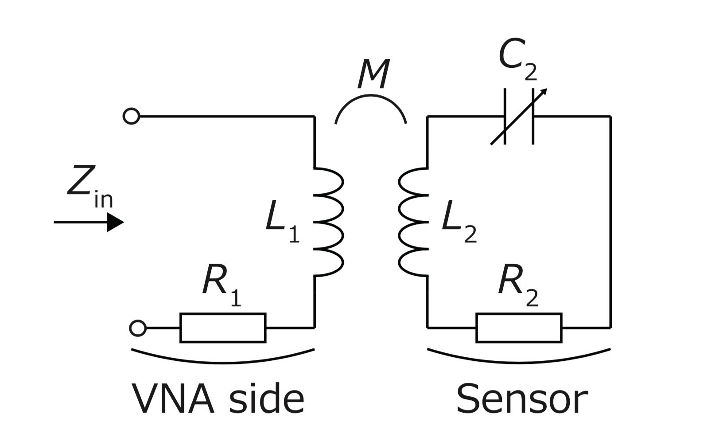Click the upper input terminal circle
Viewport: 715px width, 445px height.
[131, 117]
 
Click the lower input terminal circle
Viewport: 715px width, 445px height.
[137, 328]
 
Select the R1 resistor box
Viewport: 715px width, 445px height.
[223, 328]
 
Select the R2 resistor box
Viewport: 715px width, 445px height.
[519, 328]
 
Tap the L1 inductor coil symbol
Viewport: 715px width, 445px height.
[329, 222]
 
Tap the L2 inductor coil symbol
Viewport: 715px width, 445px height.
[413, 222]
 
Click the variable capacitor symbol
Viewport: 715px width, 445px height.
[519, 117]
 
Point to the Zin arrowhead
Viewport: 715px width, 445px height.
[116, 222]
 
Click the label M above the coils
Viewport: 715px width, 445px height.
[373, 74]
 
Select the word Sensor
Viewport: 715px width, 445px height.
[522, 399]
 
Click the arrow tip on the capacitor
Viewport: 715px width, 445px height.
[546, 90]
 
